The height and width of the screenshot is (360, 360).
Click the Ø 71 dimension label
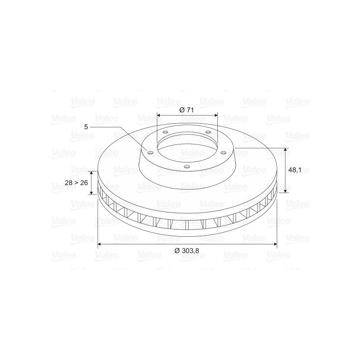186,110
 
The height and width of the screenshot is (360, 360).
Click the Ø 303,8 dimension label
186,251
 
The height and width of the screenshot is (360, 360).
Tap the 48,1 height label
294,170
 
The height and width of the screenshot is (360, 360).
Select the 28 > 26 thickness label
76,183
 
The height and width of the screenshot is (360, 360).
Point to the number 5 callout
86,127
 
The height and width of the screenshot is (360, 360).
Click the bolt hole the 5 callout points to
150,153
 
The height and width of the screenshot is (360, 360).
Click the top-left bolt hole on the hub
165,132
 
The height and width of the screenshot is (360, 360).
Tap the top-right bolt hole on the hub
208,132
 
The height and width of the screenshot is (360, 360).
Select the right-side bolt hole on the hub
223,153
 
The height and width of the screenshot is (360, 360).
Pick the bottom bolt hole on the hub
187,166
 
